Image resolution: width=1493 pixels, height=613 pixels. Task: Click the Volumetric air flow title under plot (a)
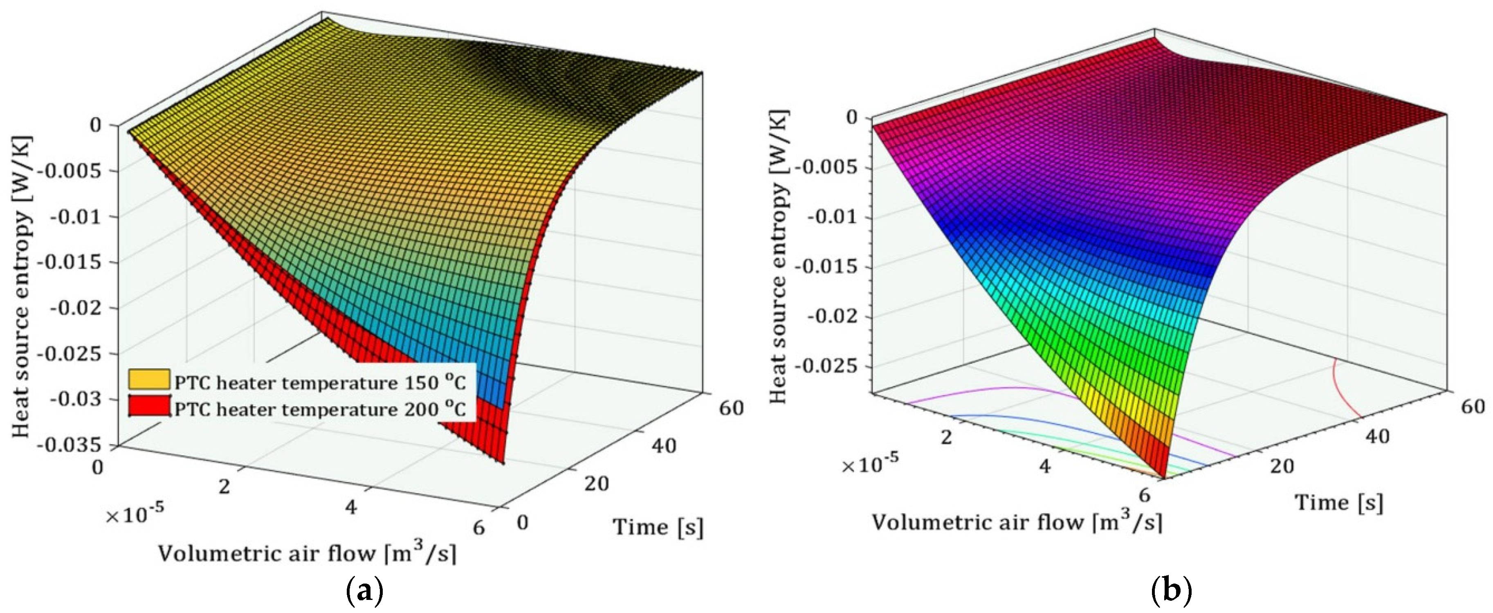click(x=307, y=553)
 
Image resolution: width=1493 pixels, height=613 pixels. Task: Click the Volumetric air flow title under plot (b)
click(x=1017, y=522)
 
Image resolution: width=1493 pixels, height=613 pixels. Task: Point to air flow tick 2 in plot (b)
click(x=946, y=438)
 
